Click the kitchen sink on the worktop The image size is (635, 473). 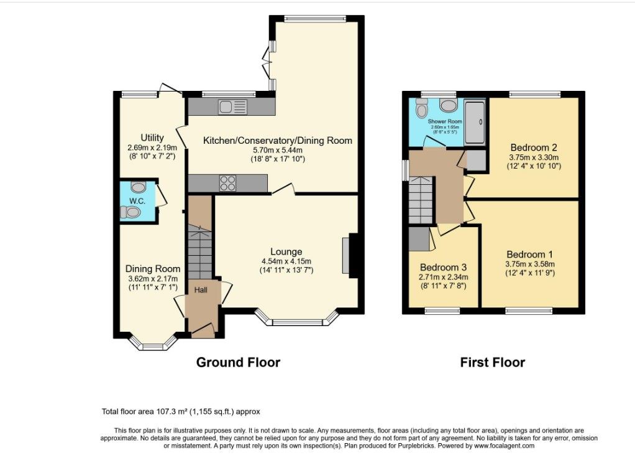coord(232,107)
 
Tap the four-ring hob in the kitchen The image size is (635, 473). coord(227,183)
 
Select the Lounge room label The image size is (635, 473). coord(286,252)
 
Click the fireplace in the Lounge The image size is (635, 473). coord(350,256)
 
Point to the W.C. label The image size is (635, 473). coord(137,201)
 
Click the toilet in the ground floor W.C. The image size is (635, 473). coord(130,212)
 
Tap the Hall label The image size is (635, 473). coord(201,289)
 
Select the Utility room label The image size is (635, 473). coord(152,138)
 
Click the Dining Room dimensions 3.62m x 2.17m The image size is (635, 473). coord(153,279)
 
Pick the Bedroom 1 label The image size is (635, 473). coord(530,255)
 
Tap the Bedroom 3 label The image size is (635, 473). coord(444,268)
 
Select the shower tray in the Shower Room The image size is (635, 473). coord(475,122)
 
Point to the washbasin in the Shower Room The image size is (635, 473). coord(447,106)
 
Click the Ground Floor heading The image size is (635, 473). coord(238,362)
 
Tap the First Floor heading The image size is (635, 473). coord(493,362)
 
